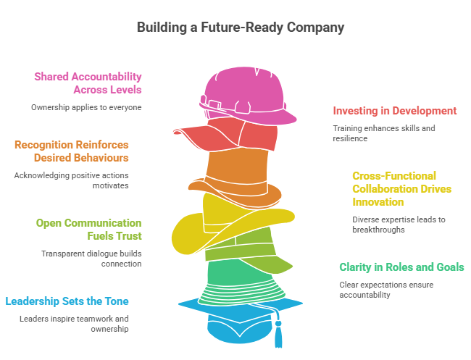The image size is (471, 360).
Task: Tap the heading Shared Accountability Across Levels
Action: point(88,83)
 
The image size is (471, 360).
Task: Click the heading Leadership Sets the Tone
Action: point(67,301)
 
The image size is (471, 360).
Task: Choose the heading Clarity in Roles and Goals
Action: point(401,267)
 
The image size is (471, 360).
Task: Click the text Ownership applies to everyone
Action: point(86,107)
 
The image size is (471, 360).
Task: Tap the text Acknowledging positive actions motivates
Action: point(71,180)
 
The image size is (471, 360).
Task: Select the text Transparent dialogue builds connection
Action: point(91,259)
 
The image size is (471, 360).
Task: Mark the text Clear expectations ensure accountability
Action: point(387,290)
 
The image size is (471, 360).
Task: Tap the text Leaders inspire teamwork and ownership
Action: point(74,324)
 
